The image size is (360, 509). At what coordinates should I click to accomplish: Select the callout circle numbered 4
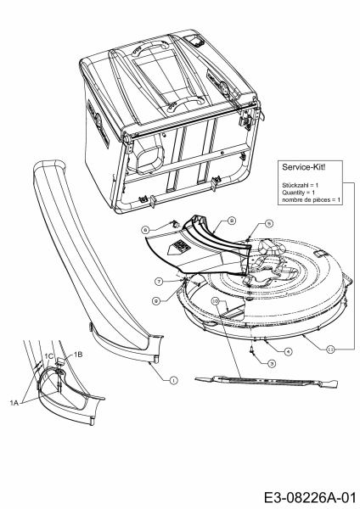pos(288,351)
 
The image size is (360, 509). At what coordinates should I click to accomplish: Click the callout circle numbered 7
pos(158,280)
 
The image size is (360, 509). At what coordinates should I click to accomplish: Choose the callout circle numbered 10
pos(216,300)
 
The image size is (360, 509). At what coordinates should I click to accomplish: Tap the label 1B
pos(77,353)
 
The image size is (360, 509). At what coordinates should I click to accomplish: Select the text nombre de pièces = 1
pos(309,199)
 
